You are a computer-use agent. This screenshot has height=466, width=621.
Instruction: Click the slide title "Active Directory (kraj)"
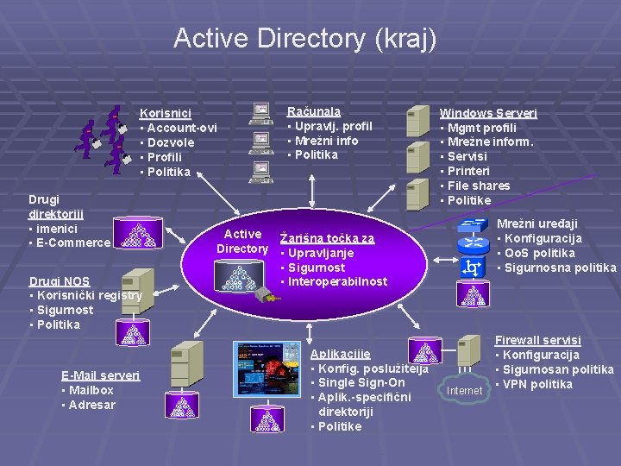click(x=305, y=38)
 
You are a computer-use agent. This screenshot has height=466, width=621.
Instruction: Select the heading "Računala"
click(x=313, y=111)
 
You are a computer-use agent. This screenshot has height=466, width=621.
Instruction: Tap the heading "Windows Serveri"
click(x=488, y=113)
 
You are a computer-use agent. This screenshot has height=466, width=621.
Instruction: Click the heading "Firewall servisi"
click(x=537, y=340)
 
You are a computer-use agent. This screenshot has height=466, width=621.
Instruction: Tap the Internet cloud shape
click(x=465, y=391)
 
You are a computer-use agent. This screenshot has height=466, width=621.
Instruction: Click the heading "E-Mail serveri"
click(x=100, y=375)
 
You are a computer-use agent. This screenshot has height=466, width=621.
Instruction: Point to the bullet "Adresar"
click(x=91, y=405)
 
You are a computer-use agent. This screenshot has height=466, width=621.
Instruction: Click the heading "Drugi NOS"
click(x=60, y=280)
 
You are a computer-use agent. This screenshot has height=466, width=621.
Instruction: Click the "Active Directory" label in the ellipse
click(x=242, y=242)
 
